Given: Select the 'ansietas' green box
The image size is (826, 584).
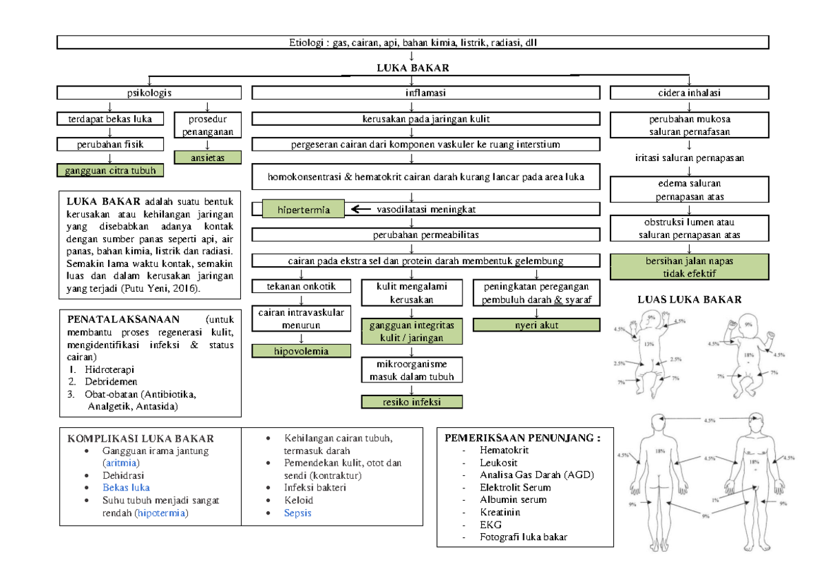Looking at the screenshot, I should coord(208,158).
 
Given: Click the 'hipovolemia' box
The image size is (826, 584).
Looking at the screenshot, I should coord(301,352).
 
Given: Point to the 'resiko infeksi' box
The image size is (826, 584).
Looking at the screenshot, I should coord(412,402).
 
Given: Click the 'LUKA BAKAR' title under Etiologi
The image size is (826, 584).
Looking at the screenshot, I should coord(412,67).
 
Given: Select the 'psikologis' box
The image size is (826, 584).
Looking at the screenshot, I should coord(149,92).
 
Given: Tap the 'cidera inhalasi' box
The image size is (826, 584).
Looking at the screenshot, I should coord(689,92).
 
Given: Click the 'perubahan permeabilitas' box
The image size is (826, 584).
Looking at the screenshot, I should coord(412,235).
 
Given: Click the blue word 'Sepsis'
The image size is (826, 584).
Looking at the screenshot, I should coord(297,513).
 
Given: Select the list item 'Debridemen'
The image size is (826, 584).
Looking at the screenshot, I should coord(111,381).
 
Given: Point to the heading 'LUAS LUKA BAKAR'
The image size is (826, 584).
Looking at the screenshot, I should coord(689,299).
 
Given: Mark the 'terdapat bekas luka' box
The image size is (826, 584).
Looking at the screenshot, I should coord(110,119).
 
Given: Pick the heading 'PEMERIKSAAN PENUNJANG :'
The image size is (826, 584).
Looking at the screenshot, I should coord(522,437).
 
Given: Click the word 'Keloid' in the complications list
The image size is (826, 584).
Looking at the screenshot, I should coord(298,500).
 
